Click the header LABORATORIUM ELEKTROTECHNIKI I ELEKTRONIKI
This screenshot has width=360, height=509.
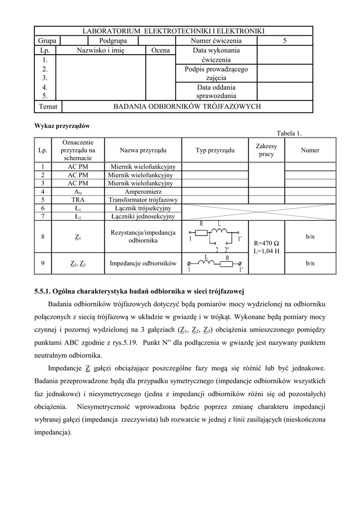tap(174, 31)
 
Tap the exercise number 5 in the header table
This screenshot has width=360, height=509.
tap(284, 41)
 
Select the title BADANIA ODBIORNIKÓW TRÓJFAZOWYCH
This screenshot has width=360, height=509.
tap(187, 106)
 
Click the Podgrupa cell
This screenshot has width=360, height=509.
tap(113, 41)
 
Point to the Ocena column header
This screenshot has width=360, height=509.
tap(160, 50)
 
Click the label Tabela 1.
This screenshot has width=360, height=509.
tap(289, 133)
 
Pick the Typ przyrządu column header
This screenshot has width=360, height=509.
tap(215, 150)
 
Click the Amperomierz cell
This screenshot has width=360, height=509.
tap(143, 191)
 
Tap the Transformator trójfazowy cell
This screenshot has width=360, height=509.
tap(143, 199)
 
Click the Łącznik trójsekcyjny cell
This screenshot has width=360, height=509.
tap(143, 208)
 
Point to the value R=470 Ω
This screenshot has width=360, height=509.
tap(266, 244)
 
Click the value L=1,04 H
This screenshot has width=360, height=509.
tap(266, 252)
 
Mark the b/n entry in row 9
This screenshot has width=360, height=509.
tap(310, 263)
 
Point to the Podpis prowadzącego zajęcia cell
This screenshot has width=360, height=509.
tap(216, 73)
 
